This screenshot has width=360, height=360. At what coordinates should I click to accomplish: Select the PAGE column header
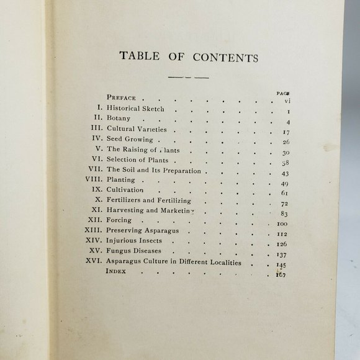(283, 92)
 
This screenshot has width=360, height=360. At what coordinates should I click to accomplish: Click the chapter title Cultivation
(125, 190)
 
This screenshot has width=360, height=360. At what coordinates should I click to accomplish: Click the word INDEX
(117, 271)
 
